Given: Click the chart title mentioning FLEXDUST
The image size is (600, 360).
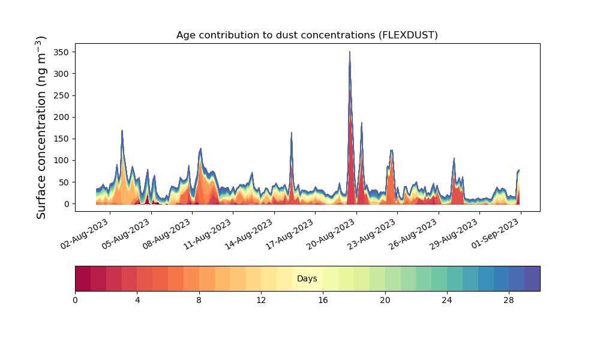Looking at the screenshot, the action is click(x=307, y=35).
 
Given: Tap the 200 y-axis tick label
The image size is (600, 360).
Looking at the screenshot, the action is click(x=61, y=117).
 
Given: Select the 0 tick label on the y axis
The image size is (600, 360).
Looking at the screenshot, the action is click(x=67, y=204).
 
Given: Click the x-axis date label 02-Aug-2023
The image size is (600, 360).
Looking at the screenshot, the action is click(x=85, y=234).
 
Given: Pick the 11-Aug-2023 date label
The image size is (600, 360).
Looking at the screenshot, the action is click(x=208, y=234).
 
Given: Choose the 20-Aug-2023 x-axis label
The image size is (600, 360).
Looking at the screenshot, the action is click(x=331, y=234).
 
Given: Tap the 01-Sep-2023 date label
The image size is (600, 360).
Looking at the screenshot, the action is click(x=495, y=234).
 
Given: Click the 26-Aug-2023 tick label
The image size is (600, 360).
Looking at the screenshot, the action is click(x=413, y=234).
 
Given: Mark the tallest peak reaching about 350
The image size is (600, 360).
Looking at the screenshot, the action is click(x=349, y=52).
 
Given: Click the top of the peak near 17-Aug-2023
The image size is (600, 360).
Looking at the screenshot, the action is click(x=292, y=133).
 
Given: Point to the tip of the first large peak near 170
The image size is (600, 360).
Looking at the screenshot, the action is click(x=122, y=130).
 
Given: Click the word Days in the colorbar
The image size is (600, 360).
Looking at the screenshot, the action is click(x=307, y=278).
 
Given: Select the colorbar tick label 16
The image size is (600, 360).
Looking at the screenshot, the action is click(x=323, y=301).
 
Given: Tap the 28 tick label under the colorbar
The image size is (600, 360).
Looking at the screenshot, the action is click(x=509, y=301).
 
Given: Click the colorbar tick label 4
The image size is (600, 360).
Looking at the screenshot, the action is click(x=137, y=301).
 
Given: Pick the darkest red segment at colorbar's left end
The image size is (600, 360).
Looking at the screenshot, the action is click(x=83, y=278).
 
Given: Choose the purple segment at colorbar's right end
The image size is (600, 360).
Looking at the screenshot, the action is click(x=532, y=278).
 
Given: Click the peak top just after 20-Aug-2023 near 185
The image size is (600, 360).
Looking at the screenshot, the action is click(x=362, y=123).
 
